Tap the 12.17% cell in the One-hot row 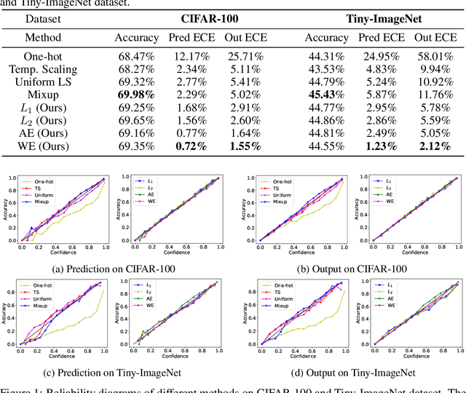(x=191, y=57)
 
